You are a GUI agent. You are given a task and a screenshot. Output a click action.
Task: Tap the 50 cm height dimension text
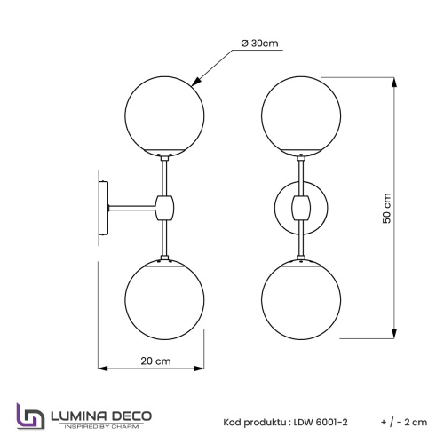386,209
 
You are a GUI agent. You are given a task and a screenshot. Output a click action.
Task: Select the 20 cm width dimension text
156,361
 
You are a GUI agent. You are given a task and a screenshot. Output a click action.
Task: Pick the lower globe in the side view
165,301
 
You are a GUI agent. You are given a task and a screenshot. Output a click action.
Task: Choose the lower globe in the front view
303,301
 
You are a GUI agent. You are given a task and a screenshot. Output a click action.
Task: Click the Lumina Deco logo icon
28,416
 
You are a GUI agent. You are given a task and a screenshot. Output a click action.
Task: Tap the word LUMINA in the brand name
81,415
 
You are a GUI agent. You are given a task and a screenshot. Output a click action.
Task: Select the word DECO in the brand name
132,415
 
